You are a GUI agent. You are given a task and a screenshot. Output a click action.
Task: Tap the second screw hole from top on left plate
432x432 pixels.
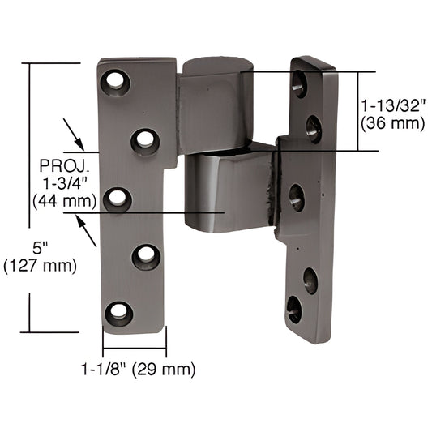[145, 141]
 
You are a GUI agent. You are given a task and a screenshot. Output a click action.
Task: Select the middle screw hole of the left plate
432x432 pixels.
[118, 198]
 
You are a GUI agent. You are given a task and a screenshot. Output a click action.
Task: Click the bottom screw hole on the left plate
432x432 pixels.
[119, 312]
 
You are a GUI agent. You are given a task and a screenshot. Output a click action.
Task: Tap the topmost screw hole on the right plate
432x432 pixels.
[300, 83]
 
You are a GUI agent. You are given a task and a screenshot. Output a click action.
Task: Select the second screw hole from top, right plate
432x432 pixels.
[313, 128]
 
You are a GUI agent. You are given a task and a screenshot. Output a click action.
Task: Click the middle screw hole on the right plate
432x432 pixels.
[297, 197]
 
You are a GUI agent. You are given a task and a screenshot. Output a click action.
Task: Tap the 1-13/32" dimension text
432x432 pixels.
[394, 105]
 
